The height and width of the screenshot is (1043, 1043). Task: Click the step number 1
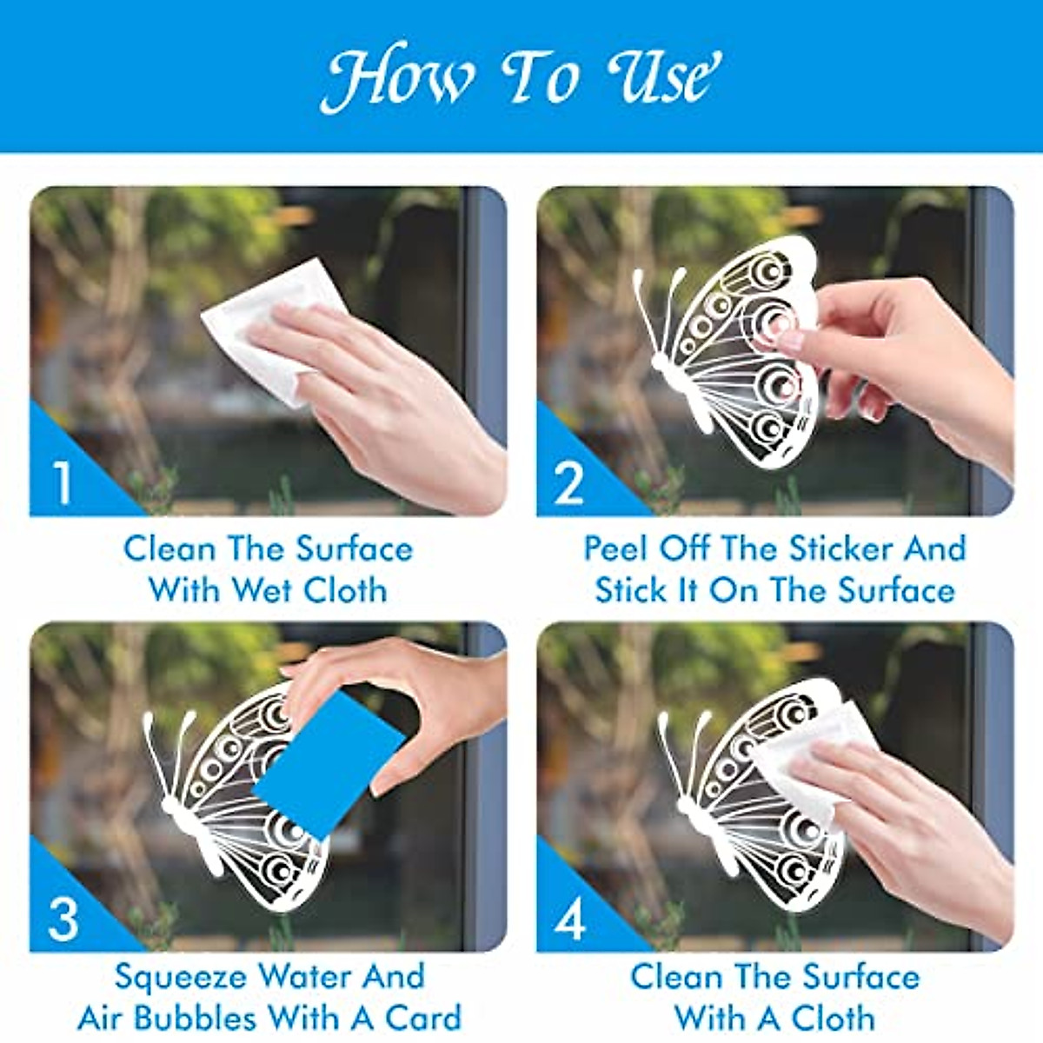[63, 483]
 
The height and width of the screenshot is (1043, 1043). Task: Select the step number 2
[569, 483]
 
